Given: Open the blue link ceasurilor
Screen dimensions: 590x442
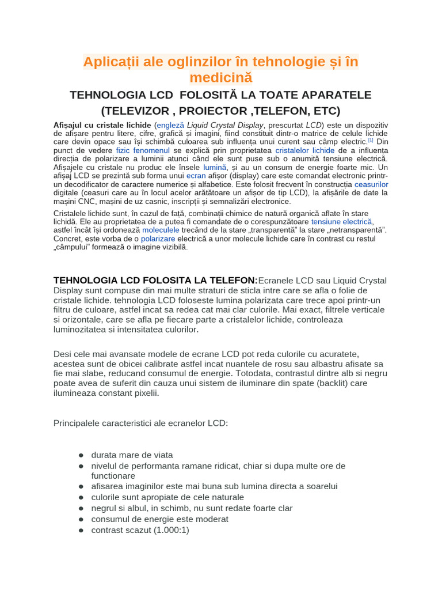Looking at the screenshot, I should tap(371, 184).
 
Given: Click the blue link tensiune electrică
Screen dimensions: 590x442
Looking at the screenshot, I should tap(342, 221).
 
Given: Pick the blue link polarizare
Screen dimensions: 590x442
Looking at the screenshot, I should tap(158, 238).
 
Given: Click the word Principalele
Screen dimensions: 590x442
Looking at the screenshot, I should tap(78, 423).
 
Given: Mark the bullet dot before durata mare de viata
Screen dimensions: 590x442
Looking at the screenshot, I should tap(82, 455).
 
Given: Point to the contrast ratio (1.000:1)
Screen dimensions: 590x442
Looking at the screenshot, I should tap(171, 530).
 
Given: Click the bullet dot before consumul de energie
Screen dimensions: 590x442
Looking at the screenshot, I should tap(82, 519).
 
